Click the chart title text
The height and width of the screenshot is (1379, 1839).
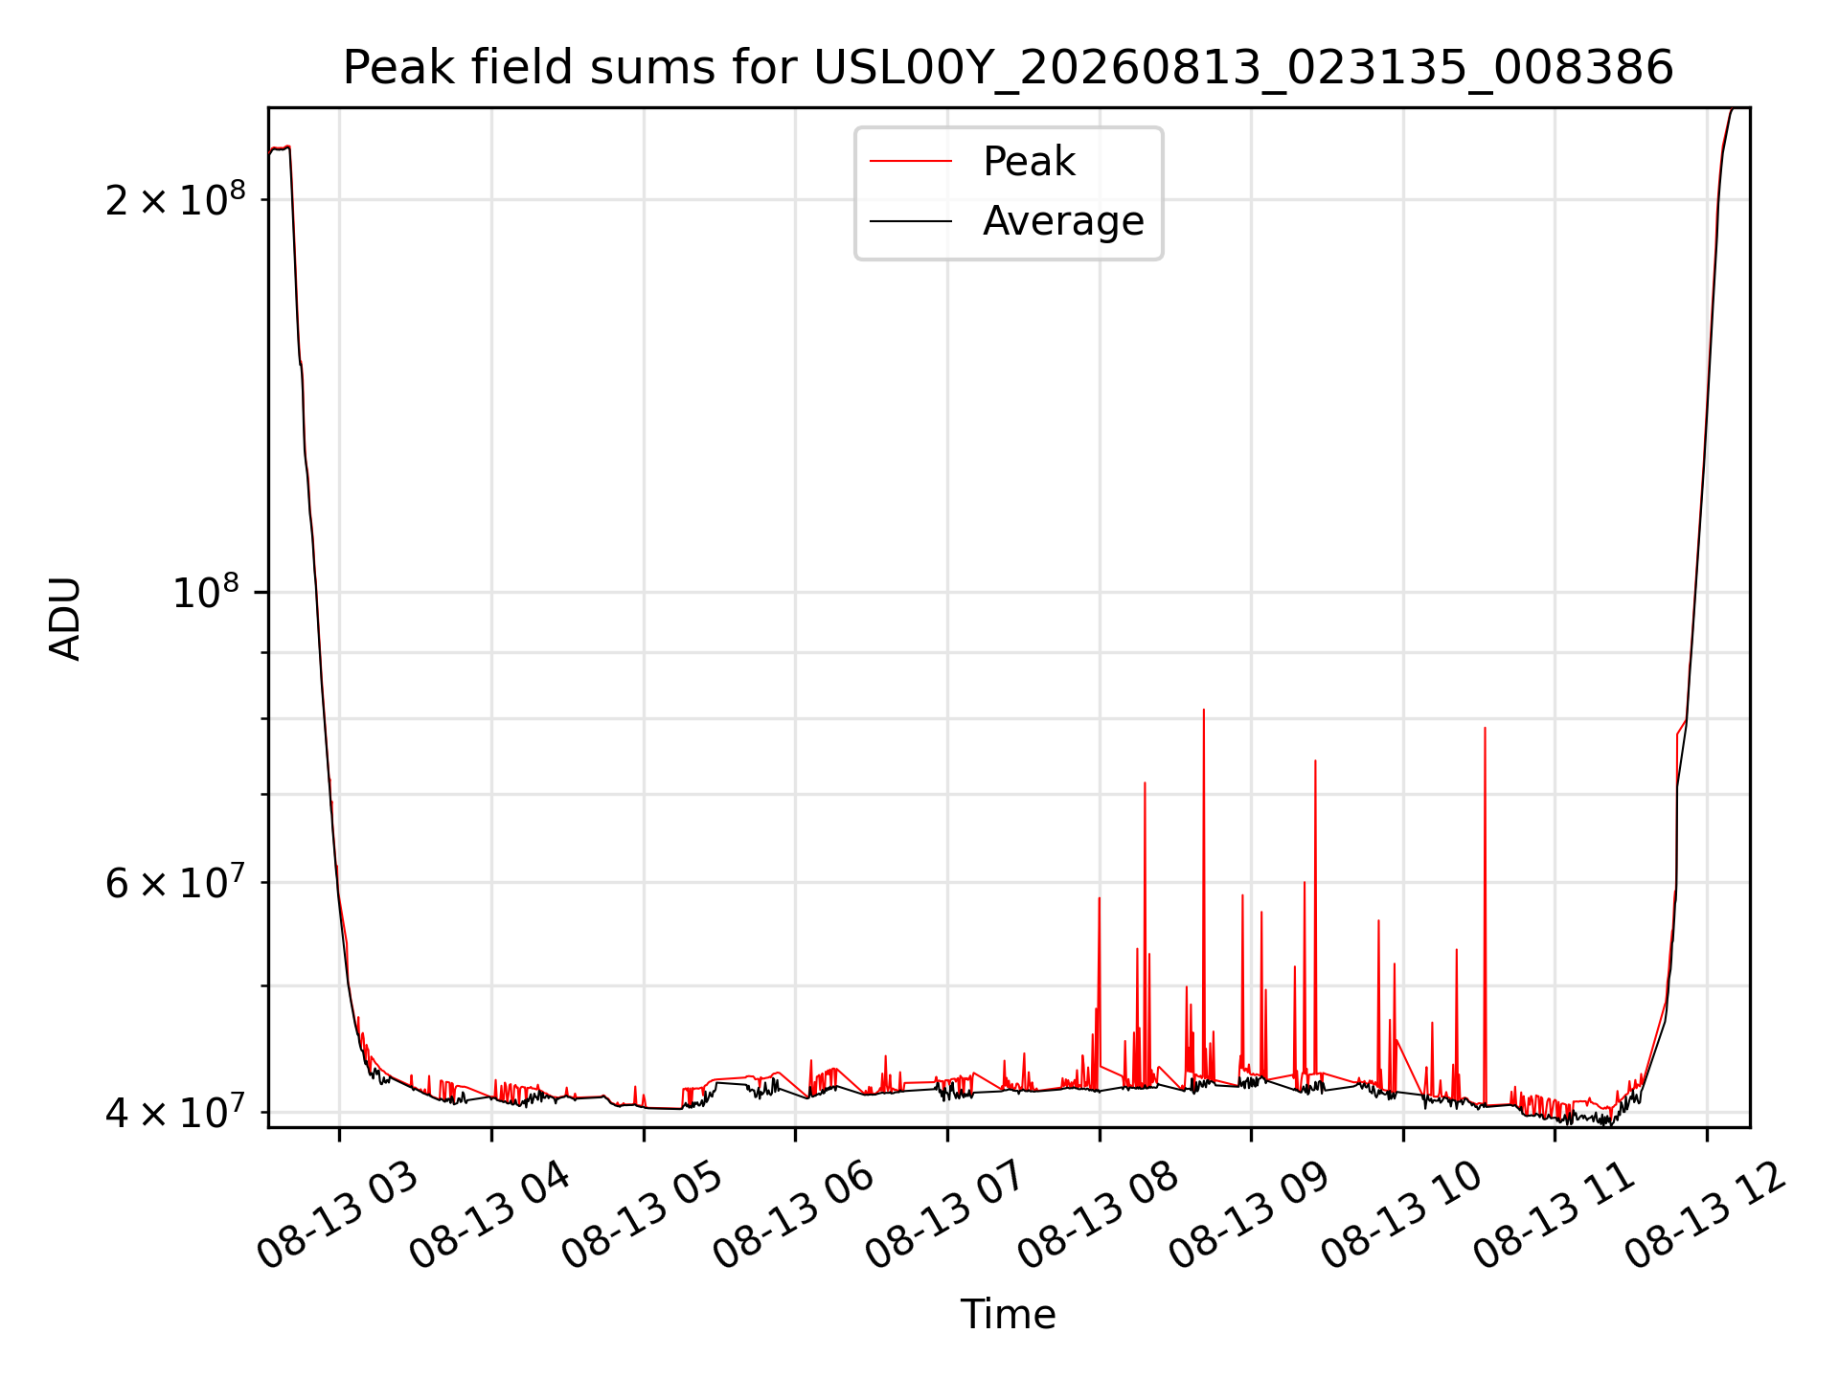pyautogui.click(x=1008, y=68)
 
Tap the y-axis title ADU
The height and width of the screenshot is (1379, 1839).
pyautogui.click(x=65, y=618)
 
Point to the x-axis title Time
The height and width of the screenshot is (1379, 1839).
pyautogui.click(x=1008, y=1315)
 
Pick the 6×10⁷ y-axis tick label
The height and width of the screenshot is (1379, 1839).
pyautogui.click(x=175, y=881)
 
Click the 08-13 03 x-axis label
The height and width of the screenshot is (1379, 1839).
pyautogui.click(x=338, y=1216)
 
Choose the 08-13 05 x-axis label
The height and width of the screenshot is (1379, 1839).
pyautogui.click(x=643, y=1216)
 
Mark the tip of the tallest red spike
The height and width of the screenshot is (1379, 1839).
pyautogui.click(x=1204, y=710)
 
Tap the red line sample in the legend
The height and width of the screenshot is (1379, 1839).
pyautogui.click(x=911, y=162)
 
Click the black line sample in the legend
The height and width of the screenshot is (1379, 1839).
pyautogui.click(x=911, y=221)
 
